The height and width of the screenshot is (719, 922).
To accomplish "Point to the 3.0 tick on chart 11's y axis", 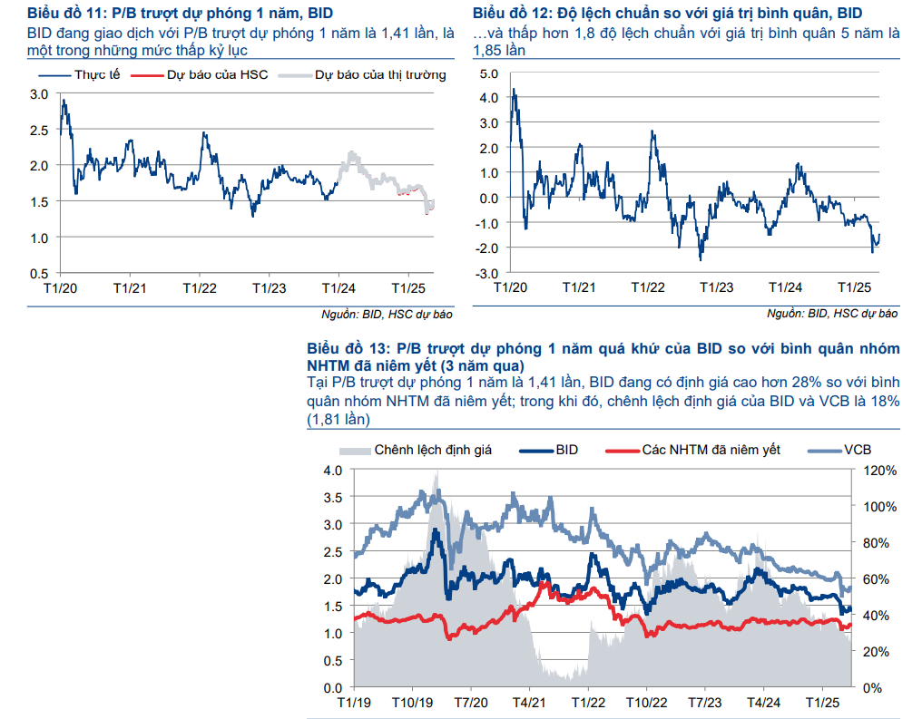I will tap(39, 93).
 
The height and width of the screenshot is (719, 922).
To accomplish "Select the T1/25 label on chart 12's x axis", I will tap(853, 287).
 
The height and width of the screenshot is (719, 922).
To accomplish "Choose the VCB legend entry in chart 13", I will tap(858, 450).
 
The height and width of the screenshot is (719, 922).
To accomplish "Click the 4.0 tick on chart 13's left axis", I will tap(332, 471).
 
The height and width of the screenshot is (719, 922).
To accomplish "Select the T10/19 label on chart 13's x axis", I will tap(413, 704).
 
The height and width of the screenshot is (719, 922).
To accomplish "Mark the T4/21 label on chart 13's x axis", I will tap(528, 704).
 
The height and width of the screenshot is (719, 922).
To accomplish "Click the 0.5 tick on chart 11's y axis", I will tap(39, 273).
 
